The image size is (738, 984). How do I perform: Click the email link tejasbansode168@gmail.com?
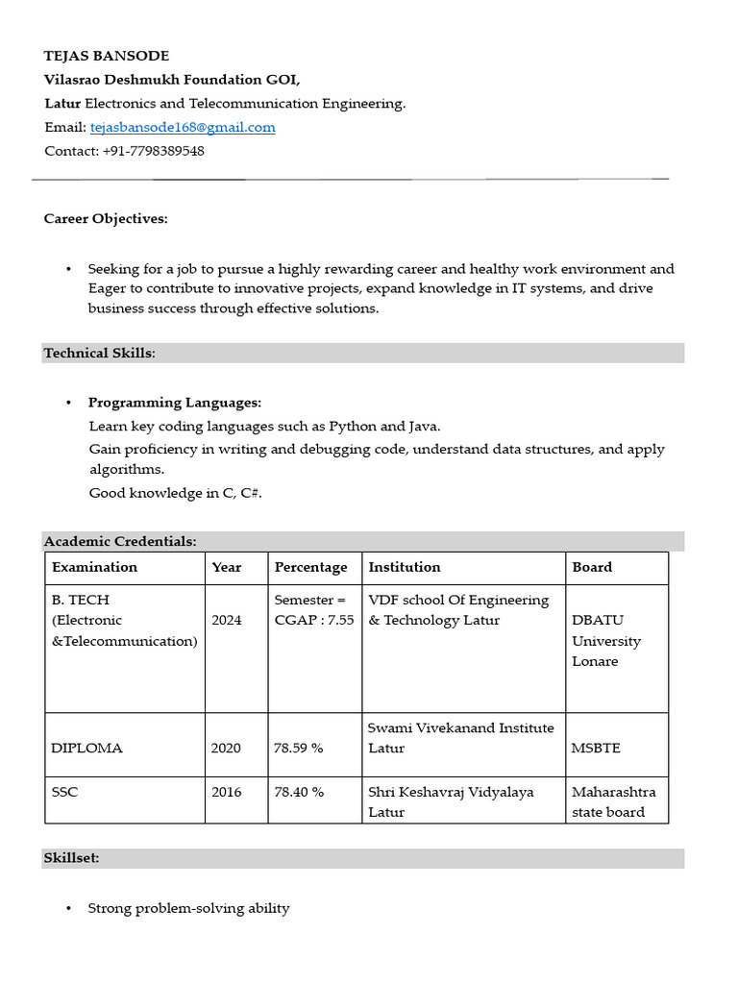[x=183, y=127]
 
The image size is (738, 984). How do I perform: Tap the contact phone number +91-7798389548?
[x=153, y=151]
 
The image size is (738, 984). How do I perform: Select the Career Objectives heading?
[x=106, y=219]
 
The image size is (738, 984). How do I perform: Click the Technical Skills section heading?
[x=99, y=353]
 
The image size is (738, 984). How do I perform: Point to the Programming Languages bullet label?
[x=175, y=403]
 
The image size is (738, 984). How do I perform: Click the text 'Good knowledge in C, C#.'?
[x=175, y=493]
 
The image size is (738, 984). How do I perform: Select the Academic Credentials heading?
[x=120, y=542]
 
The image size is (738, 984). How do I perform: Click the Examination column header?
[x=94, y=567]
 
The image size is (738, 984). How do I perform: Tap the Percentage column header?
[x=310, y=567]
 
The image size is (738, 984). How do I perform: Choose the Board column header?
[x=592, y=567]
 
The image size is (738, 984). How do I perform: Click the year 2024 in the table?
[x=227, y=620]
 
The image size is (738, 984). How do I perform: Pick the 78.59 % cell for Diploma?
[x=299, y=748]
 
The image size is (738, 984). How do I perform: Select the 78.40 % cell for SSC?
[x=299, y=792]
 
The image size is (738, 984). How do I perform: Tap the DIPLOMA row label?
[x=87, y=748]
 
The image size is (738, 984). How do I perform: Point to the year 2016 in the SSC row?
[x=227, y=792]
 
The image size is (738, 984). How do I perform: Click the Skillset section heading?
[x=71, y=858]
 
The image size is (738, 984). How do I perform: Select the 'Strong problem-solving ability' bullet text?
[x=188, y=908]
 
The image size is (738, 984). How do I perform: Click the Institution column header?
[x=405, y=567]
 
